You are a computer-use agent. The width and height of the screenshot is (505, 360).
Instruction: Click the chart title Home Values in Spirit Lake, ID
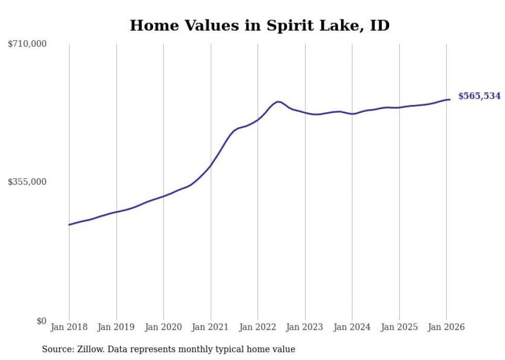coord(259,25)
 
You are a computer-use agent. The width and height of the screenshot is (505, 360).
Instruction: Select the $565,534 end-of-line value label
coord(479,96)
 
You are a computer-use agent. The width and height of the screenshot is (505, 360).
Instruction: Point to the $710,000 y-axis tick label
coord(27,44)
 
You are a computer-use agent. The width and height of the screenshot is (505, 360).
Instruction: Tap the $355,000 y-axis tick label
coord(27,182)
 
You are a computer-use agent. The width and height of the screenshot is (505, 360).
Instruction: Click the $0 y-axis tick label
coord(41,321)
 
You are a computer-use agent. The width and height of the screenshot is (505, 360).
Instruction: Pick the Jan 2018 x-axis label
coord(69,328)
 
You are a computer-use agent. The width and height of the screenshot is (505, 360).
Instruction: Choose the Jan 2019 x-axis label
coord(116,328)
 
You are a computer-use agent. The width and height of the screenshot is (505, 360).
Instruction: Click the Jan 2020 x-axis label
coord(163,328)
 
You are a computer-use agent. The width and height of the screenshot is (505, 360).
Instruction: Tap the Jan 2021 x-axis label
coord(211,328)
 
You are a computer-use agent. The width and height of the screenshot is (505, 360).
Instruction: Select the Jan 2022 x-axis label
coord(258,328)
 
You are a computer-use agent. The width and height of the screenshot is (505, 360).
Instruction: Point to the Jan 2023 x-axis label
coord(305,328)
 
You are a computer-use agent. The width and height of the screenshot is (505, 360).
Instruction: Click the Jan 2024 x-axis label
coord(352,328)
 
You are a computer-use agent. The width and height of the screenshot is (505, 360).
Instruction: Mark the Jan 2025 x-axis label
coord(399,328)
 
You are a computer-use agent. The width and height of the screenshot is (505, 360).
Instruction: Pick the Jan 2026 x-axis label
coord(446,328)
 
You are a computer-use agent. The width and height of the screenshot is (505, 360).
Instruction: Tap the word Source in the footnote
coord(56,350)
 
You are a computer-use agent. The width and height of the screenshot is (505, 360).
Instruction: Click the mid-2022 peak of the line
coord(278,101)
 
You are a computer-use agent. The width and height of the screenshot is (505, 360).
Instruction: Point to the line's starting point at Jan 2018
coord(69,225)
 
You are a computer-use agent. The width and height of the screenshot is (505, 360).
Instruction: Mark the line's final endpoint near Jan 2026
coord(450,99)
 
